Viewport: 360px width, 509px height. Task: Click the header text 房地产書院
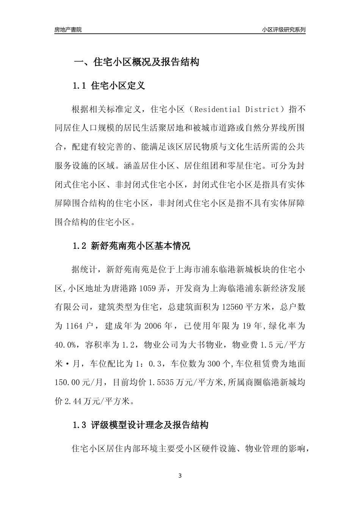pos(68,30)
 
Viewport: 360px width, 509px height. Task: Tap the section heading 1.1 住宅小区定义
pos(109,86)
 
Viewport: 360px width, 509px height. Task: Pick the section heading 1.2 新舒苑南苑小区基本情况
pos(131,246)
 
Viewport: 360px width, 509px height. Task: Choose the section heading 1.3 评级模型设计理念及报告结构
pos(140,425)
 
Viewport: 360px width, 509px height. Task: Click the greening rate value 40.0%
pos(67,345)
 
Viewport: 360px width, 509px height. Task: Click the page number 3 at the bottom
pos(180,476)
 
